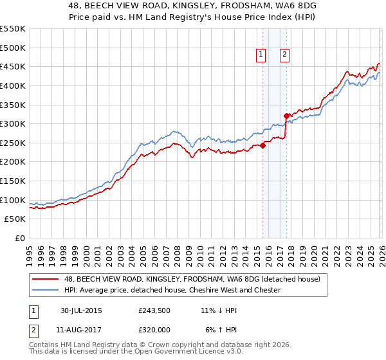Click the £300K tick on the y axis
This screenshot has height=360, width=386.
coord(13,123)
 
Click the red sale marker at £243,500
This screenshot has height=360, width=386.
coord(263,145)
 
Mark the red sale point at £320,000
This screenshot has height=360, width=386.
coord(286,116)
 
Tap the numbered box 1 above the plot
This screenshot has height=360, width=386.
coord(261,55)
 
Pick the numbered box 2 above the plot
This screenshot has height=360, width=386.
coord(284,55)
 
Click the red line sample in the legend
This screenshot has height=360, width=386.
coord(46,279)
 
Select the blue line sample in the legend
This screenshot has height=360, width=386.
coord(46,290)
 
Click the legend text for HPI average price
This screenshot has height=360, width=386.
coord(172,290)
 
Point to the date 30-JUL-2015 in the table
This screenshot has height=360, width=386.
coord(81,310)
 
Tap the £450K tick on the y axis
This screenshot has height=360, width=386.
coord(13,66)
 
